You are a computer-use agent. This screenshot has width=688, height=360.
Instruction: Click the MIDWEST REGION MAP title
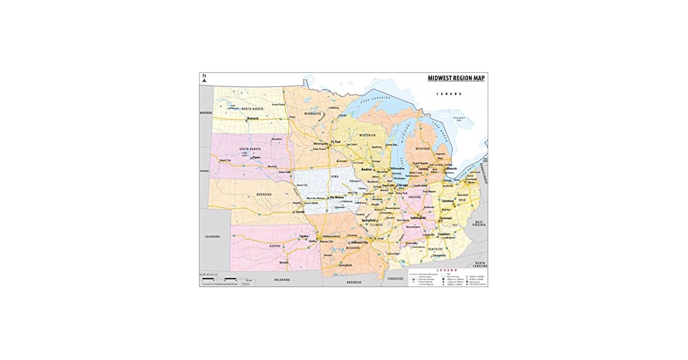tap(456, 78)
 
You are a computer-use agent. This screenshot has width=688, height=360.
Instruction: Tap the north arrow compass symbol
tap(204, 78)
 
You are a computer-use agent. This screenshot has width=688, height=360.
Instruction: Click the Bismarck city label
tap(253, 118)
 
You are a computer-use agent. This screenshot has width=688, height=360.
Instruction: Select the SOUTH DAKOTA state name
tap(250, 149)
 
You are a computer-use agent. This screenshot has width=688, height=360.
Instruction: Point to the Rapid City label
tap(225, 160)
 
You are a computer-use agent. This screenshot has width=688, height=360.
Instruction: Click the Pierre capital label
tap(256, 157)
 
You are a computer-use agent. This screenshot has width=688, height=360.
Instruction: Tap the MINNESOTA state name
tap(312, 113)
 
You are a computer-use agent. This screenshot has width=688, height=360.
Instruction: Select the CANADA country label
tap(448, 94)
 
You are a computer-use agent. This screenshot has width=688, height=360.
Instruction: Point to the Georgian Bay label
tap(459, 119)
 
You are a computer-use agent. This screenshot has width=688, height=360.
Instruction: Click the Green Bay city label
tap(391, 145)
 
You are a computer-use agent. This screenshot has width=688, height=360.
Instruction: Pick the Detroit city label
tap(452, 168)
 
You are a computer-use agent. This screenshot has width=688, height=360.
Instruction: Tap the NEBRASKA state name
tap(264, 194)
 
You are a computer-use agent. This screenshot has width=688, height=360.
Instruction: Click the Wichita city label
tap(283, 262)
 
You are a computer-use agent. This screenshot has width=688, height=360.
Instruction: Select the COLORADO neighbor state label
tap(212, 237)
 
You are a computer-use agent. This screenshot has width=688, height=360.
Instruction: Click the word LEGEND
tap(447, 270)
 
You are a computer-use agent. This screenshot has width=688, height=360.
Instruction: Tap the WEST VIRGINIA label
tap(479, 223)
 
